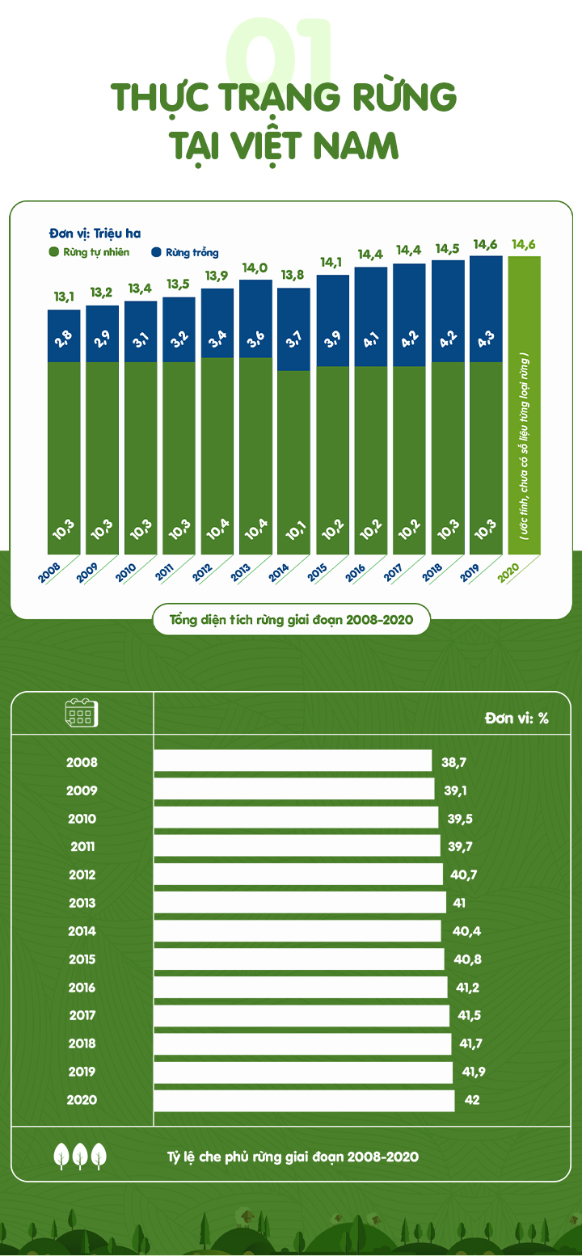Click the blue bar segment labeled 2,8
point(64,335)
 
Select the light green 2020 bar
point(524,404)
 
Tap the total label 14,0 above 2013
point(255,268)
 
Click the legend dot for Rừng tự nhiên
point(54,252)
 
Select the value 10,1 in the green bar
point(293,529)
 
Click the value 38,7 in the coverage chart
point(454,762)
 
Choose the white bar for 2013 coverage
point(299,903)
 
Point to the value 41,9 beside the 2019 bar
point(472,1072)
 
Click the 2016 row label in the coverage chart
point(82,988)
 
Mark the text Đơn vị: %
point(517,718)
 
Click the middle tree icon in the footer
point(80,1156)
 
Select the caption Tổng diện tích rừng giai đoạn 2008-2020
point(291,621)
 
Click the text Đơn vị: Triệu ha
point(95,234)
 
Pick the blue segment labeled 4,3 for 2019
point(486,309)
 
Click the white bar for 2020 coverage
point(304,1100)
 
